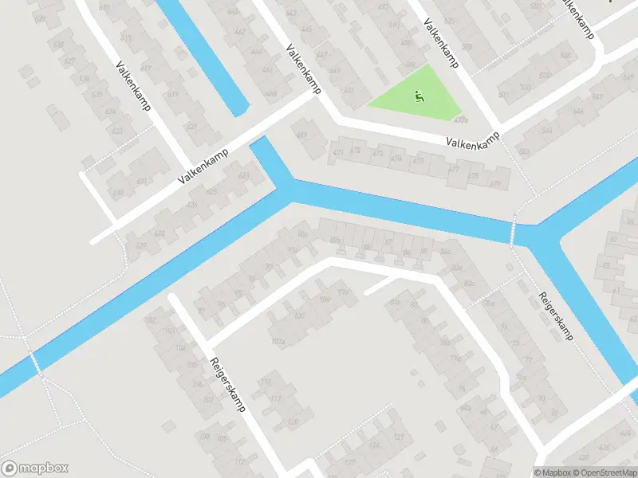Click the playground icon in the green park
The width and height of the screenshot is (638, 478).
[x=417, y=98]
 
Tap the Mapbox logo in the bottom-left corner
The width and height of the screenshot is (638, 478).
[x=35, y=468]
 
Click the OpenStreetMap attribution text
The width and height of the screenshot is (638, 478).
[x=604, y=472]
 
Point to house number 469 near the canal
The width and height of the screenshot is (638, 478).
[x=301, y=135]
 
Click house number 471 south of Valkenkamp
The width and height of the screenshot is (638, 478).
[x=338, y=151]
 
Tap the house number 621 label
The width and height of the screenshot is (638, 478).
[x=190, y=127]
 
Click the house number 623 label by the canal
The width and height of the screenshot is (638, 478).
[x=243, y=175]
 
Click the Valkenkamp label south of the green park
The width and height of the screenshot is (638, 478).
[x=477, y=143]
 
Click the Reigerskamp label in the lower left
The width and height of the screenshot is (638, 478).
[x=227, y=384]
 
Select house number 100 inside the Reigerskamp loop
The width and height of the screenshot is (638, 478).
[x=300, y=316]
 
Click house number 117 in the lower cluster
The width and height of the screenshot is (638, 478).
[x=276, y=399]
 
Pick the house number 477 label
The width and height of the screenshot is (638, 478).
[x=454, y=169]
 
